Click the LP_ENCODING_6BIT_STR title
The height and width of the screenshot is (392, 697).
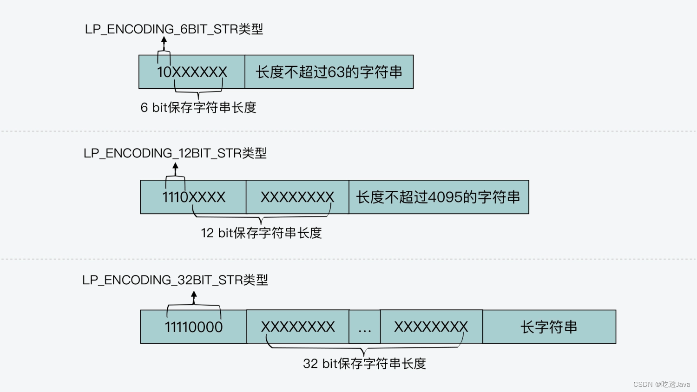[x=174, y=29]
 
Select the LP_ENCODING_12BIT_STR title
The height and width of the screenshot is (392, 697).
[x=175, y=153]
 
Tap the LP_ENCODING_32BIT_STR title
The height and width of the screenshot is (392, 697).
[x=175, y=280]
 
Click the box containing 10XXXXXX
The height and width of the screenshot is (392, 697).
[x=192, y=72]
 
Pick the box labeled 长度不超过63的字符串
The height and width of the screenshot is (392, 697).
[x=329, y=72]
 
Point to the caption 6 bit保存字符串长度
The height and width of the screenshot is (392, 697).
[x=198, y=108]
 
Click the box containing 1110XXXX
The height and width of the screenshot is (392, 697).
[x=193, y=197]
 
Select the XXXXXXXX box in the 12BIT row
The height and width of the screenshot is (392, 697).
[x=297, y=197]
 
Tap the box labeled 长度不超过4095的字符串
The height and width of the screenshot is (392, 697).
[x=438, y=197]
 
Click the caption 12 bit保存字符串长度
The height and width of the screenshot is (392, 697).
[x=261, y=233]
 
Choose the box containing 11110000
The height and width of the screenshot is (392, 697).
[x=193, y=327]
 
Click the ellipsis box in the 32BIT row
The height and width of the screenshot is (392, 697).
[x=365, y=327]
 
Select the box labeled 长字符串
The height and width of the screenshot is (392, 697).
[x=549, y=327]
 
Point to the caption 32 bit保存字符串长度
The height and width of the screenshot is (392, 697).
[x=364, y=364]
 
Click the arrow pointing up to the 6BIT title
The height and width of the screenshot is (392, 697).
[x=164, y=44]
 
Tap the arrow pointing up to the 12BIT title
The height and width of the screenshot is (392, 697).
[x=175, y=169]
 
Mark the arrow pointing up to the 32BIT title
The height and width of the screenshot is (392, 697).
[x=194, y=297]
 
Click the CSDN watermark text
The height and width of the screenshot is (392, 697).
[x=661, y=385]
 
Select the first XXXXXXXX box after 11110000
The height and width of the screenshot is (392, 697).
[x=298, y=327]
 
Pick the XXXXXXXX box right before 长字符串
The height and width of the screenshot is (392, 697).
[x=431, y=327]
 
